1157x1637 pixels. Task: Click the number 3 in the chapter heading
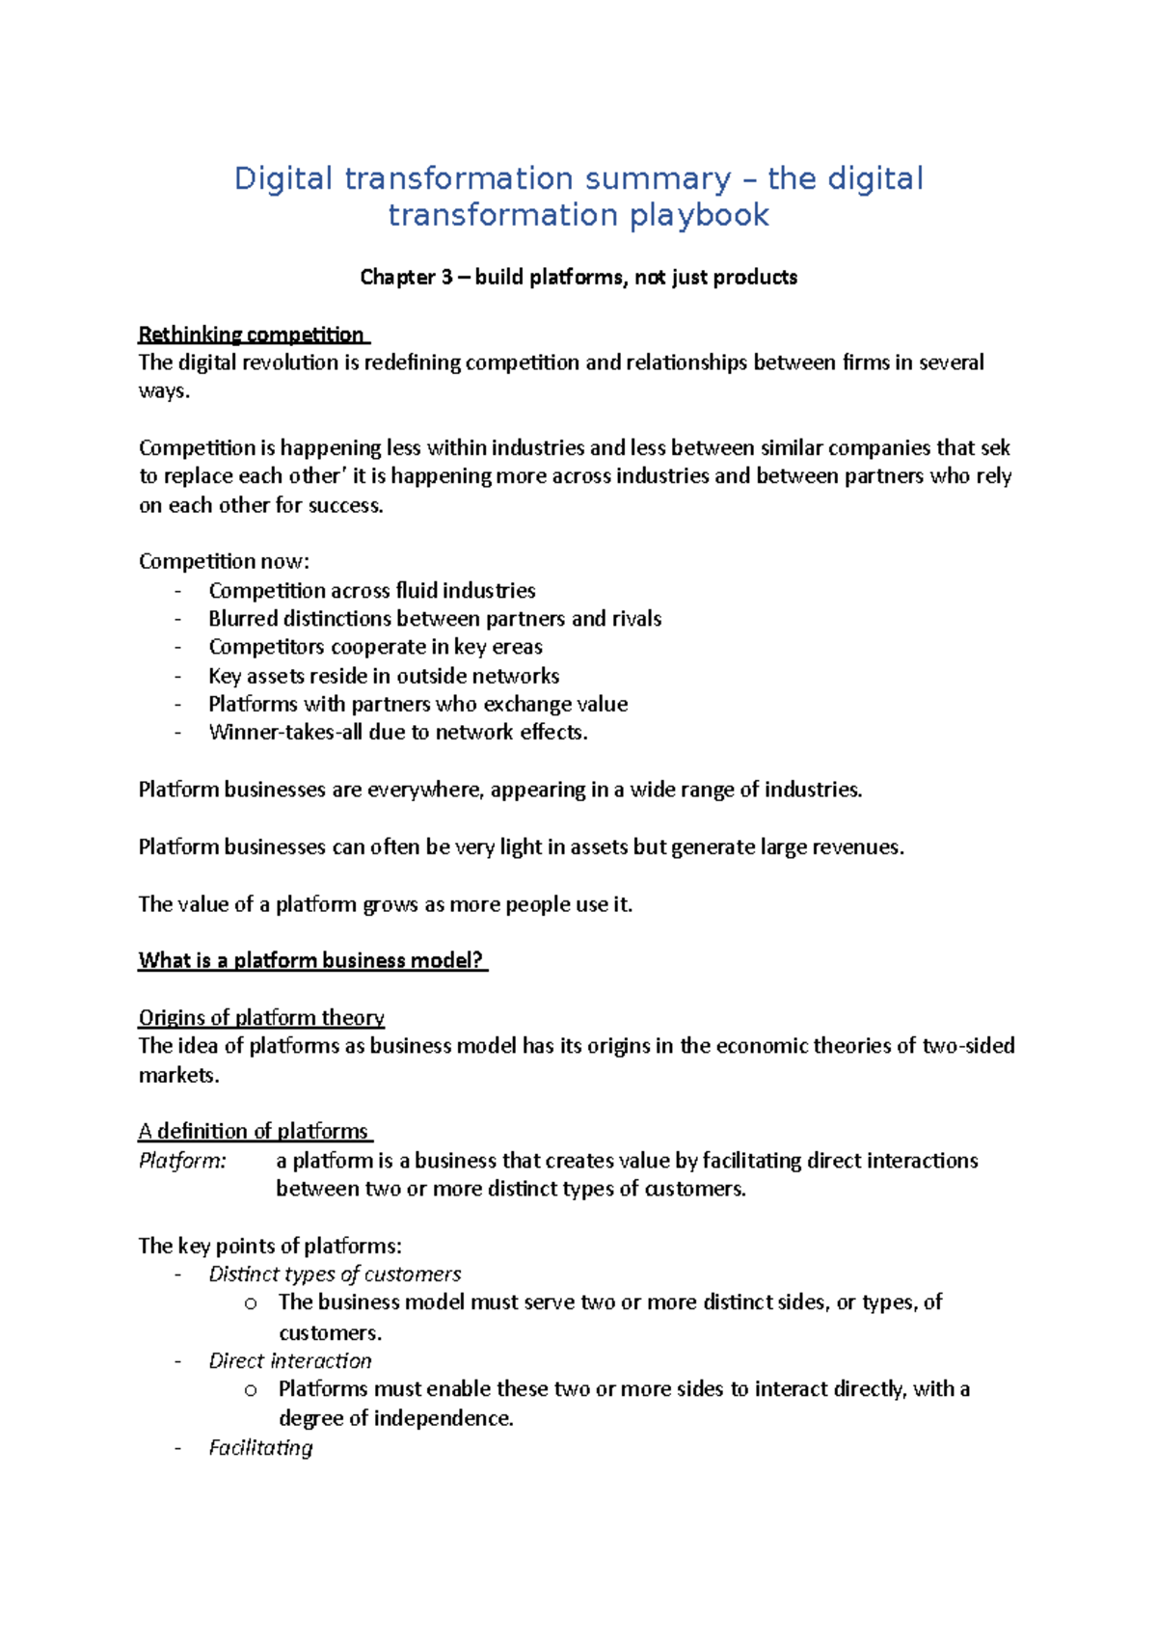point(446,278)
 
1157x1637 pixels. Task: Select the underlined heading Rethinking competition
point(252,335)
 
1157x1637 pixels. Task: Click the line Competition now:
point(224,562)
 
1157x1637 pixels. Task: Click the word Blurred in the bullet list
point(243,619)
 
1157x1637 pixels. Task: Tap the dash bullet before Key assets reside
point(178,676)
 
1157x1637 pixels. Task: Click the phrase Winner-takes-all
point(285,733)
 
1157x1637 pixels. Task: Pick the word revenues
point(856,847)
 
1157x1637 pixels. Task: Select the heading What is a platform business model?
point(310,960)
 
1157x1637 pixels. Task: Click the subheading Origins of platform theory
point(261,1018)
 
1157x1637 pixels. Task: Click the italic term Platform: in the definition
point(182,1161)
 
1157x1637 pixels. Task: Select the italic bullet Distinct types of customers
point(335,1275)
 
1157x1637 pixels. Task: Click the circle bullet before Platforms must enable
point(251,1390)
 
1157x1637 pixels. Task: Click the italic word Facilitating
point(261,1448)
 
